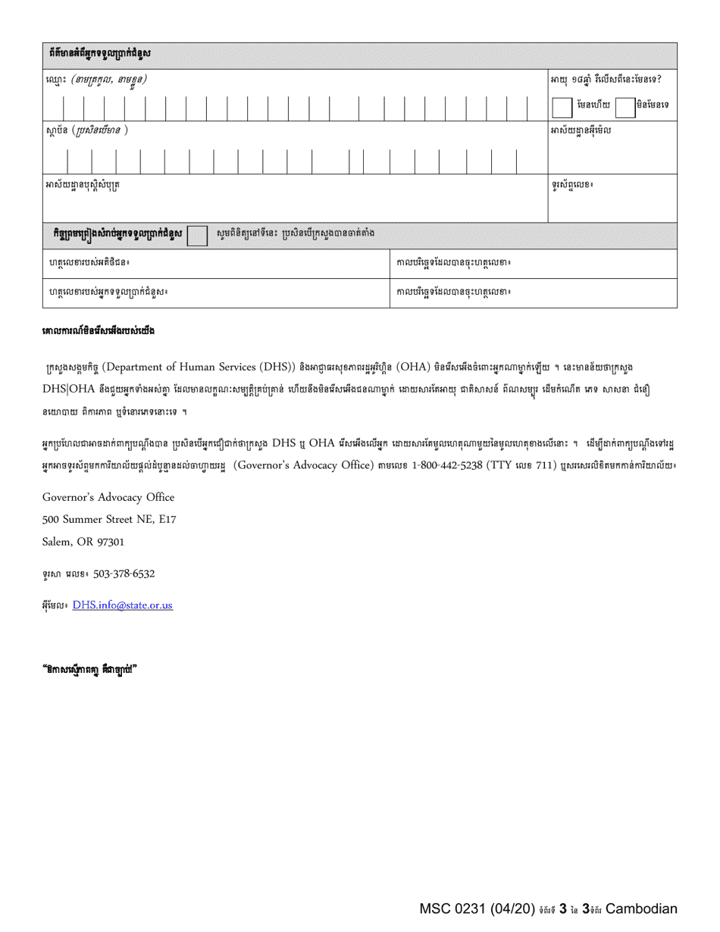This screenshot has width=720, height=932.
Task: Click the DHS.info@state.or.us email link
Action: point(123,605)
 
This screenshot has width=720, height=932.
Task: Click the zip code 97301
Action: point(108,542)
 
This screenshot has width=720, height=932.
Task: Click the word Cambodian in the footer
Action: point(641,909)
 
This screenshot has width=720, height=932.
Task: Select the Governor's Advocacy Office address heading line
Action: point(108,498)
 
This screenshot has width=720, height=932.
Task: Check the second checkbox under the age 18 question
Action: point(625,106)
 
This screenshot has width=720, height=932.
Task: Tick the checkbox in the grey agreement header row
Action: point(197,236)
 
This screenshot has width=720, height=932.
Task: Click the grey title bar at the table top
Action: point(360,55)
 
